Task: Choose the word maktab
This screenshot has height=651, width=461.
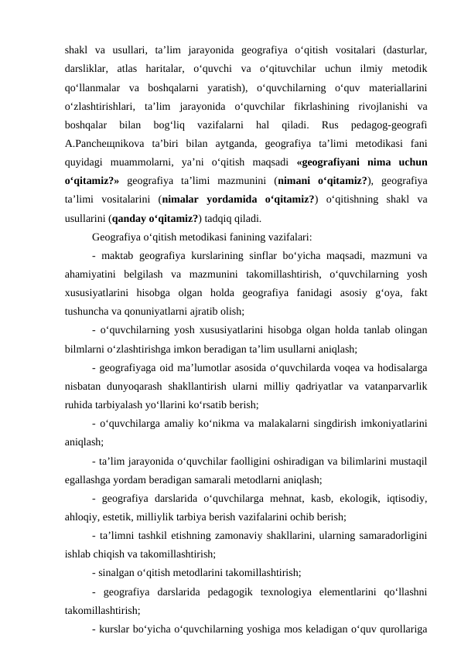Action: [x=121, y=255]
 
